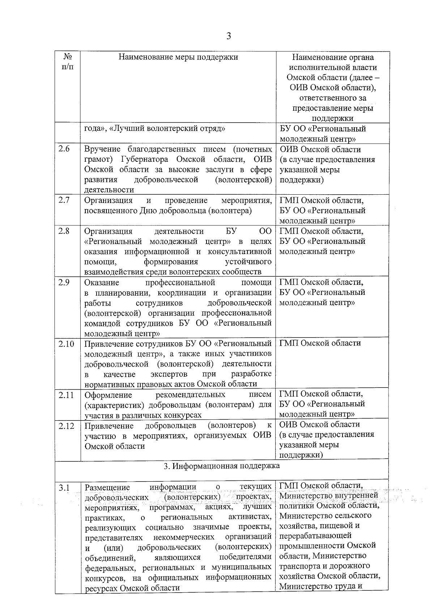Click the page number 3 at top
[x=228, y=36]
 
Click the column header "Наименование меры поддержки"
[x=178, y=57]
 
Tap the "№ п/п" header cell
[x=68, y=62]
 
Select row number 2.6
[x=64, y=149]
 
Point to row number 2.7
[x=64, y=200]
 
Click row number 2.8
[x=64, y=231]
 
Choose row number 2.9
[x=64, y=282]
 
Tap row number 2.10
[x=66, y=343]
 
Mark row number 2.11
[x=66, y=395]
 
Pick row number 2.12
[x=66, y=426]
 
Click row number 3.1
[x=64, y=488]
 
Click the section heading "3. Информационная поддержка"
[x=222, y=466]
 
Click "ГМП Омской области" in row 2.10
[x=320, y=343]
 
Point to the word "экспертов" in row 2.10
[x=169, y=374]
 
